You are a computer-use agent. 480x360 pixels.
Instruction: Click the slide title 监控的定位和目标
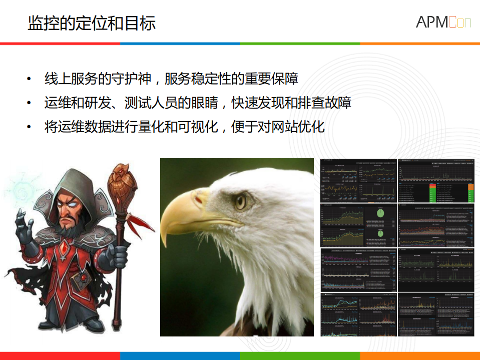[92, 23]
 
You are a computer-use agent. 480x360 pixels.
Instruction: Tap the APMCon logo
[442, 22]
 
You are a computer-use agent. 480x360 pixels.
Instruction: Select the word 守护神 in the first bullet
[132, 79]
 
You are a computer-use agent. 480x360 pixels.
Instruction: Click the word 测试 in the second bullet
[131, 103]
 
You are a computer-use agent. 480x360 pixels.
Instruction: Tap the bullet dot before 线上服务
[29, 79]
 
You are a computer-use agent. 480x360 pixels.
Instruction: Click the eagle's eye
[241, 201]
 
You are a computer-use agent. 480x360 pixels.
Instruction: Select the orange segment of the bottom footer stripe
[420, 355]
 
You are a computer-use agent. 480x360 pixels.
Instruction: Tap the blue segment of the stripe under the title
[180, 44]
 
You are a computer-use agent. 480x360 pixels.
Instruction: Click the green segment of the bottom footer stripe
[300, 355]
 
